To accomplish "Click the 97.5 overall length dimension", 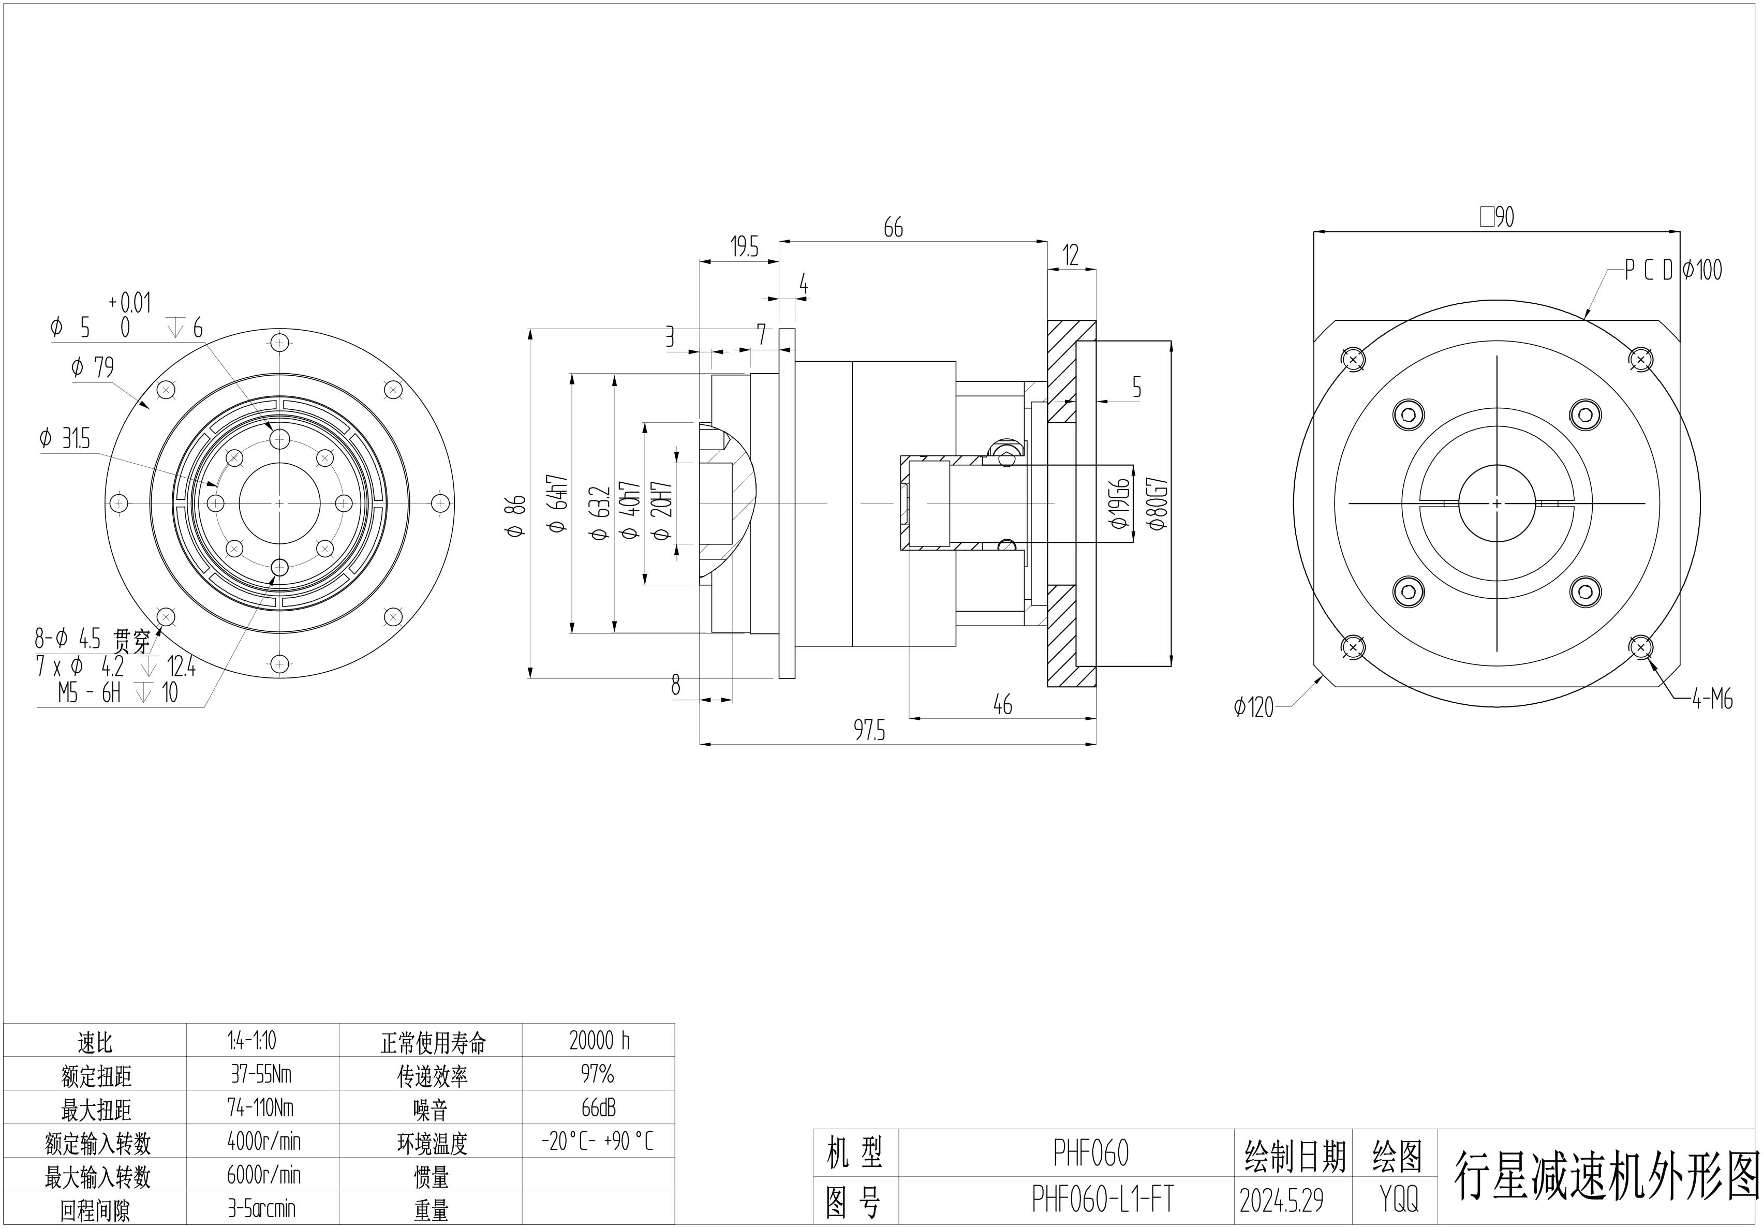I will (869, 730).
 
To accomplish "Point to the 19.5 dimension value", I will (743, 247).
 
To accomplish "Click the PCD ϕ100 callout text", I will (1672, 270).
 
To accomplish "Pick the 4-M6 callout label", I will (1712, 700).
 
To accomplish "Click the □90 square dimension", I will (1498, 217).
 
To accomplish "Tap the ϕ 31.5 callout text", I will (65, 439).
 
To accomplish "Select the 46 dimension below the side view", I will (1003, 704).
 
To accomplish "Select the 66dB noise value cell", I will (598, 1107).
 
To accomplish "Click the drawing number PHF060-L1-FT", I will (1103, 1200).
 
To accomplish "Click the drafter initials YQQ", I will (1398, 1200).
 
